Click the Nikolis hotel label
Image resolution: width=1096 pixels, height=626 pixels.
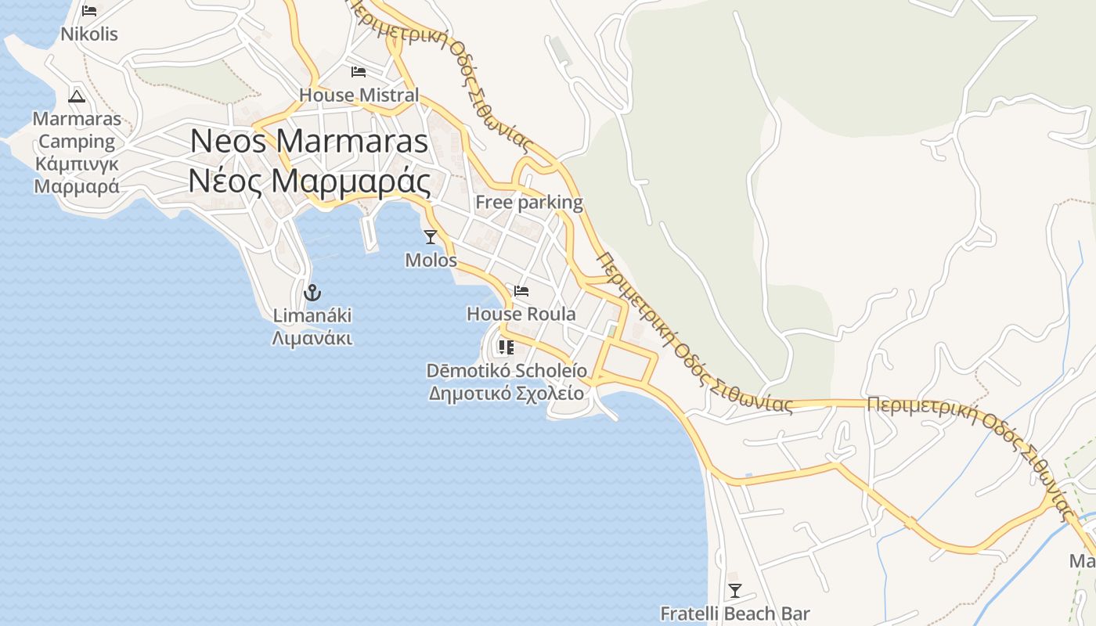pos(89,34)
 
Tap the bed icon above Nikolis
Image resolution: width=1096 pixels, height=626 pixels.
pos(89,11)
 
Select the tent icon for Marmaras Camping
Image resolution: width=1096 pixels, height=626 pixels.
pos(77,96)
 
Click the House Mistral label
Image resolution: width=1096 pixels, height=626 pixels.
pos(359,95)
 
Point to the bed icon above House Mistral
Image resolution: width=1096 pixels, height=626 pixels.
pos(359,72)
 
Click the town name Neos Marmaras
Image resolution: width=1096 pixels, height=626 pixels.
pos(309,141)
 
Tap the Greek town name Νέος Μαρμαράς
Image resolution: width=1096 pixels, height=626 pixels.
pos(309,182)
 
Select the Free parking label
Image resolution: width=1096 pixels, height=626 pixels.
pos(529,203)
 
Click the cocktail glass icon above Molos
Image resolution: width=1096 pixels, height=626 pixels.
pos(431,236)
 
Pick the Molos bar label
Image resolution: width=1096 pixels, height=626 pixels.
pos(431,260)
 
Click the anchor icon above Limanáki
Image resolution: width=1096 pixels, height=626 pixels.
pos(312,293)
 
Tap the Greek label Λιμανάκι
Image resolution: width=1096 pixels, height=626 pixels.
pos(312,339)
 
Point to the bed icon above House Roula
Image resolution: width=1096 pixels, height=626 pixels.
pos(521,291)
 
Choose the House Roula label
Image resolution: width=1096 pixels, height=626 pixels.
pos(521,315)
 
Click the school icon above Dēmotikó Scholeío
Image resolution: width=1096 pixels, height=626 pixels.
pos(506,347)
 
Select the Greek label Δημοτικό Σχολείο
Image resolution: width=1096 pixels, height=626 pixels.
pos(507,393)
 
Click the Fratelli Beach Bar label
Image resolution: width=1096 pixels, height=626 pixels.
pos(735,613)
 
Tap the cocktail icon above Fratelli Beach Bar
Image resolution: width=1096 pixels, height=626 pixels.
pos(735,590)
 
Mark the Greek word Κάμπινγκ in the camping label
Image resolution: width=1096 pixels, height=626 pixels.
pos(77,164)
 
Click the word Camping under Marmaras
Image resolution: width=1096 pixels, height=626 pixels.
pos(77,142)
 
